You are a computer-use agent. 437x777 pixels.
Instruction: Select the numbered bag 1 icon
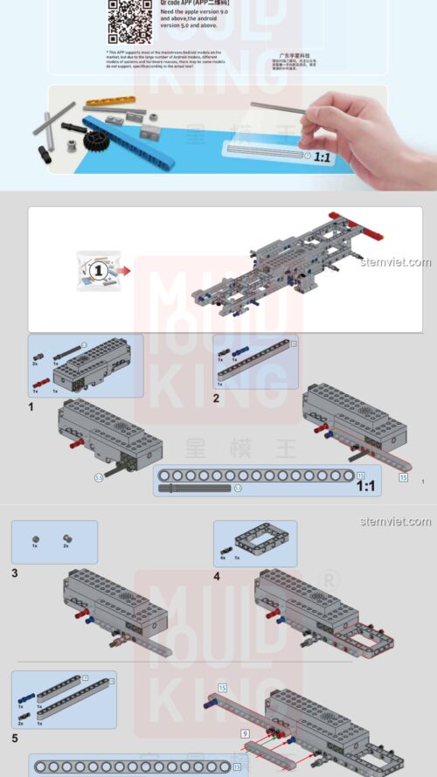[98, 270]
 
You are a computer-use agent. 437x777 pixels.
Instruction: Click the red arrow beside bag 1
[124, 270]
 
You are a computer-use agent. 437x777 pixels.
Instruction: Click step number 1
[31, 406]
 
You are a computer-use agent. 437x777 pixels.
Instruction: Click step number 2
[217, 399]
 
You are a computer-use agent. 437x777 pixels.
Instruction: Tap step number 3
[15, 573]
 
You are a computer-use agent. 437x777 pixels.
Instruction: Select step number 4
[217, 576]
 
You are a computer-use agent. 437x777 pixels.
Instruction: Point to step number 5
[15, 739]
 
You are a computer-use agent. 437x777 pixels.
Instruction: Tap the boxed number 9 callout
[246, 733]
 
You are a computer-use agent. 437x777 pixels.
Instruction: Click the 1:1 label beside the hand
[322, 157]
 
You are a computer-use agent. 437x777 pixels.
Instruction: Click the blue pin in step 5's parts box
[20, 700]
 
